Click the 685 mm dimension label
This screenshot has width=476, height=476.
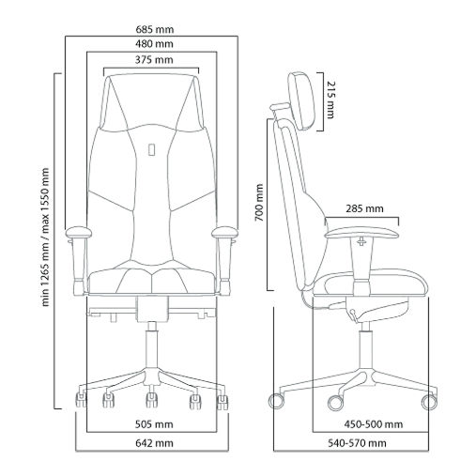155,30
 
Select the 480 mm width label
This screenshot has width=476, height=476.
154,44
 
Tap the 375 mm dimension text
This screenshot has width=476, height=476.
154,60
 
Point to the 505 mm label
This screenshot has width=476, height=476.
154,424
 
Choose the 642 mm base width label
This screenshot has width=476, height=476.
154,443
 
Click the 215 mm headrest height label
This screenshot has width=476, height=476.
330,100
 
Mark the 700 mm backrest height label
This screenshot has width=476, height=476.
259,203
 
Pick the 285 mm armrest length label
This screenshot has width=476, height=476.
364,208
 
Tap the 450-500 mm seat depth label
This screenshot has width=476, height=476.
374,424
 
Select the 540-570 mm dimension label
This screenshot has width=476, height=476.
357,443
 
